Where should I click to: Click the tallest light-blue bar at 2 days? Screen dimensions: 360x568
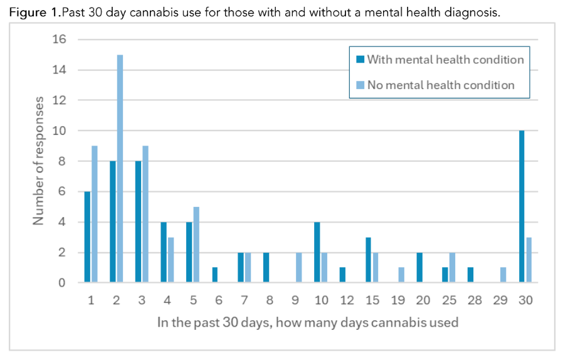pyautogui.click(x=120, y=169)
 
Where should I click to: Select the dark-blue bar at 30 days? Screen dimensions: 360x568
pyautogui.click(x=522, y=207)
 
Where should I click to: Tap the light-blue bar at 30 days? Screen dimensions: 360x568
pyautogui.click(x=529, y=260)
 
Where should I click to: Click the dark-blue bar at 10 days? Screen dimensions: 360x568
pyautogui.click(x=317, y=253)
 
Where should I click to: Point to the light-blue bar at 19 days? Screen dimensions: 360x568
pyautogui.click(x=401, y=275)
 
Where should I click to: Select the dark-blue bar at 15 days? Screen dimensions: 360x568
pyautogui.click(x=369, y=260)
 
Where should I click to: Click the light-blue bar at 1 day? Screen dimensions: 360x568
pyautogui.click(x=94, y=214)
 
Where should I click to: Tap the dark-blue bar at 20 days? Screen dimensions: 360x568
pyautogui.click(x=419, y=268)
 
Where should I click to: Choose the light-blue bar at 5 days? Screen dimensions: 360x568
pyautogui.click(x=196, y=245)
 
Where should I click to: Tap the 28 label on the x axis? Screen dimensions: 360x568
pyautogui.click(x=474, y=301)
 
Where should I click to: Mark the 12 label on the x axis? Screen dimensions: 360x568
pyautogui.click(x=346, y=301)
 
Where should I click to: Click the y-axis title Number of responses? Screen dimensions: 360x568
pyautogui.click(x=39, y=161)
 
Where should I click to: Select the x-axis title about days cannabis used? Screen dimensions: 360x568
pyautogui.click(x=308, y=323)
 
